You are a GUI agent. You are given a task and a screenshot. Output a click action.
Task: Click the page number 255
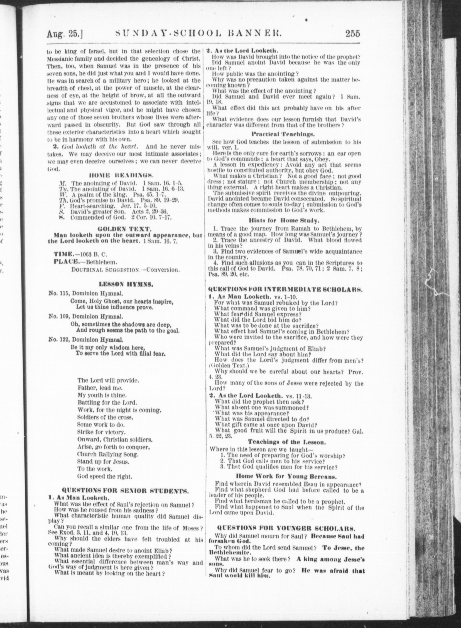tap(353, 34)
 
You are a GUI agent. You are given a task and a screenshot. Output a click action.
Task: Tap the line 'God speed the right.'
tap(104, 476)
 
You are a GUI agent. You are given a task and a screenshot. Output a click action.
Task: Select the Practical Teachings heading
tap(283, 134)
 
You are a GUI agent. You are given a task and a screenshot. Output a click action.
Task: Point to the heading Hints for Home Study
tap(284, 221)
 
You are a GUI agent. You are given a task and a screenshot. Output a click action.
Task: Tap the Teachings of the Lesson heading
tap(286, 442)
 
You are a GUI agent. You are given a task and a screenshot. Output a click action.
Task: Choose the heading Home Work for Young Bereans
tap(286, 476)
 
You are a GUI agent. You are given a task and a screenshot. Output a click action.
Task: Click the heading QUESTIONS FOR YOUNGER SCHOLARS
tap(286, 528)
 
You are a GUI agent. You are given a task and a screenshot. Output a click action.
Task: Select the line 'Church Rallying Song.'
tap(108, 454)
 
